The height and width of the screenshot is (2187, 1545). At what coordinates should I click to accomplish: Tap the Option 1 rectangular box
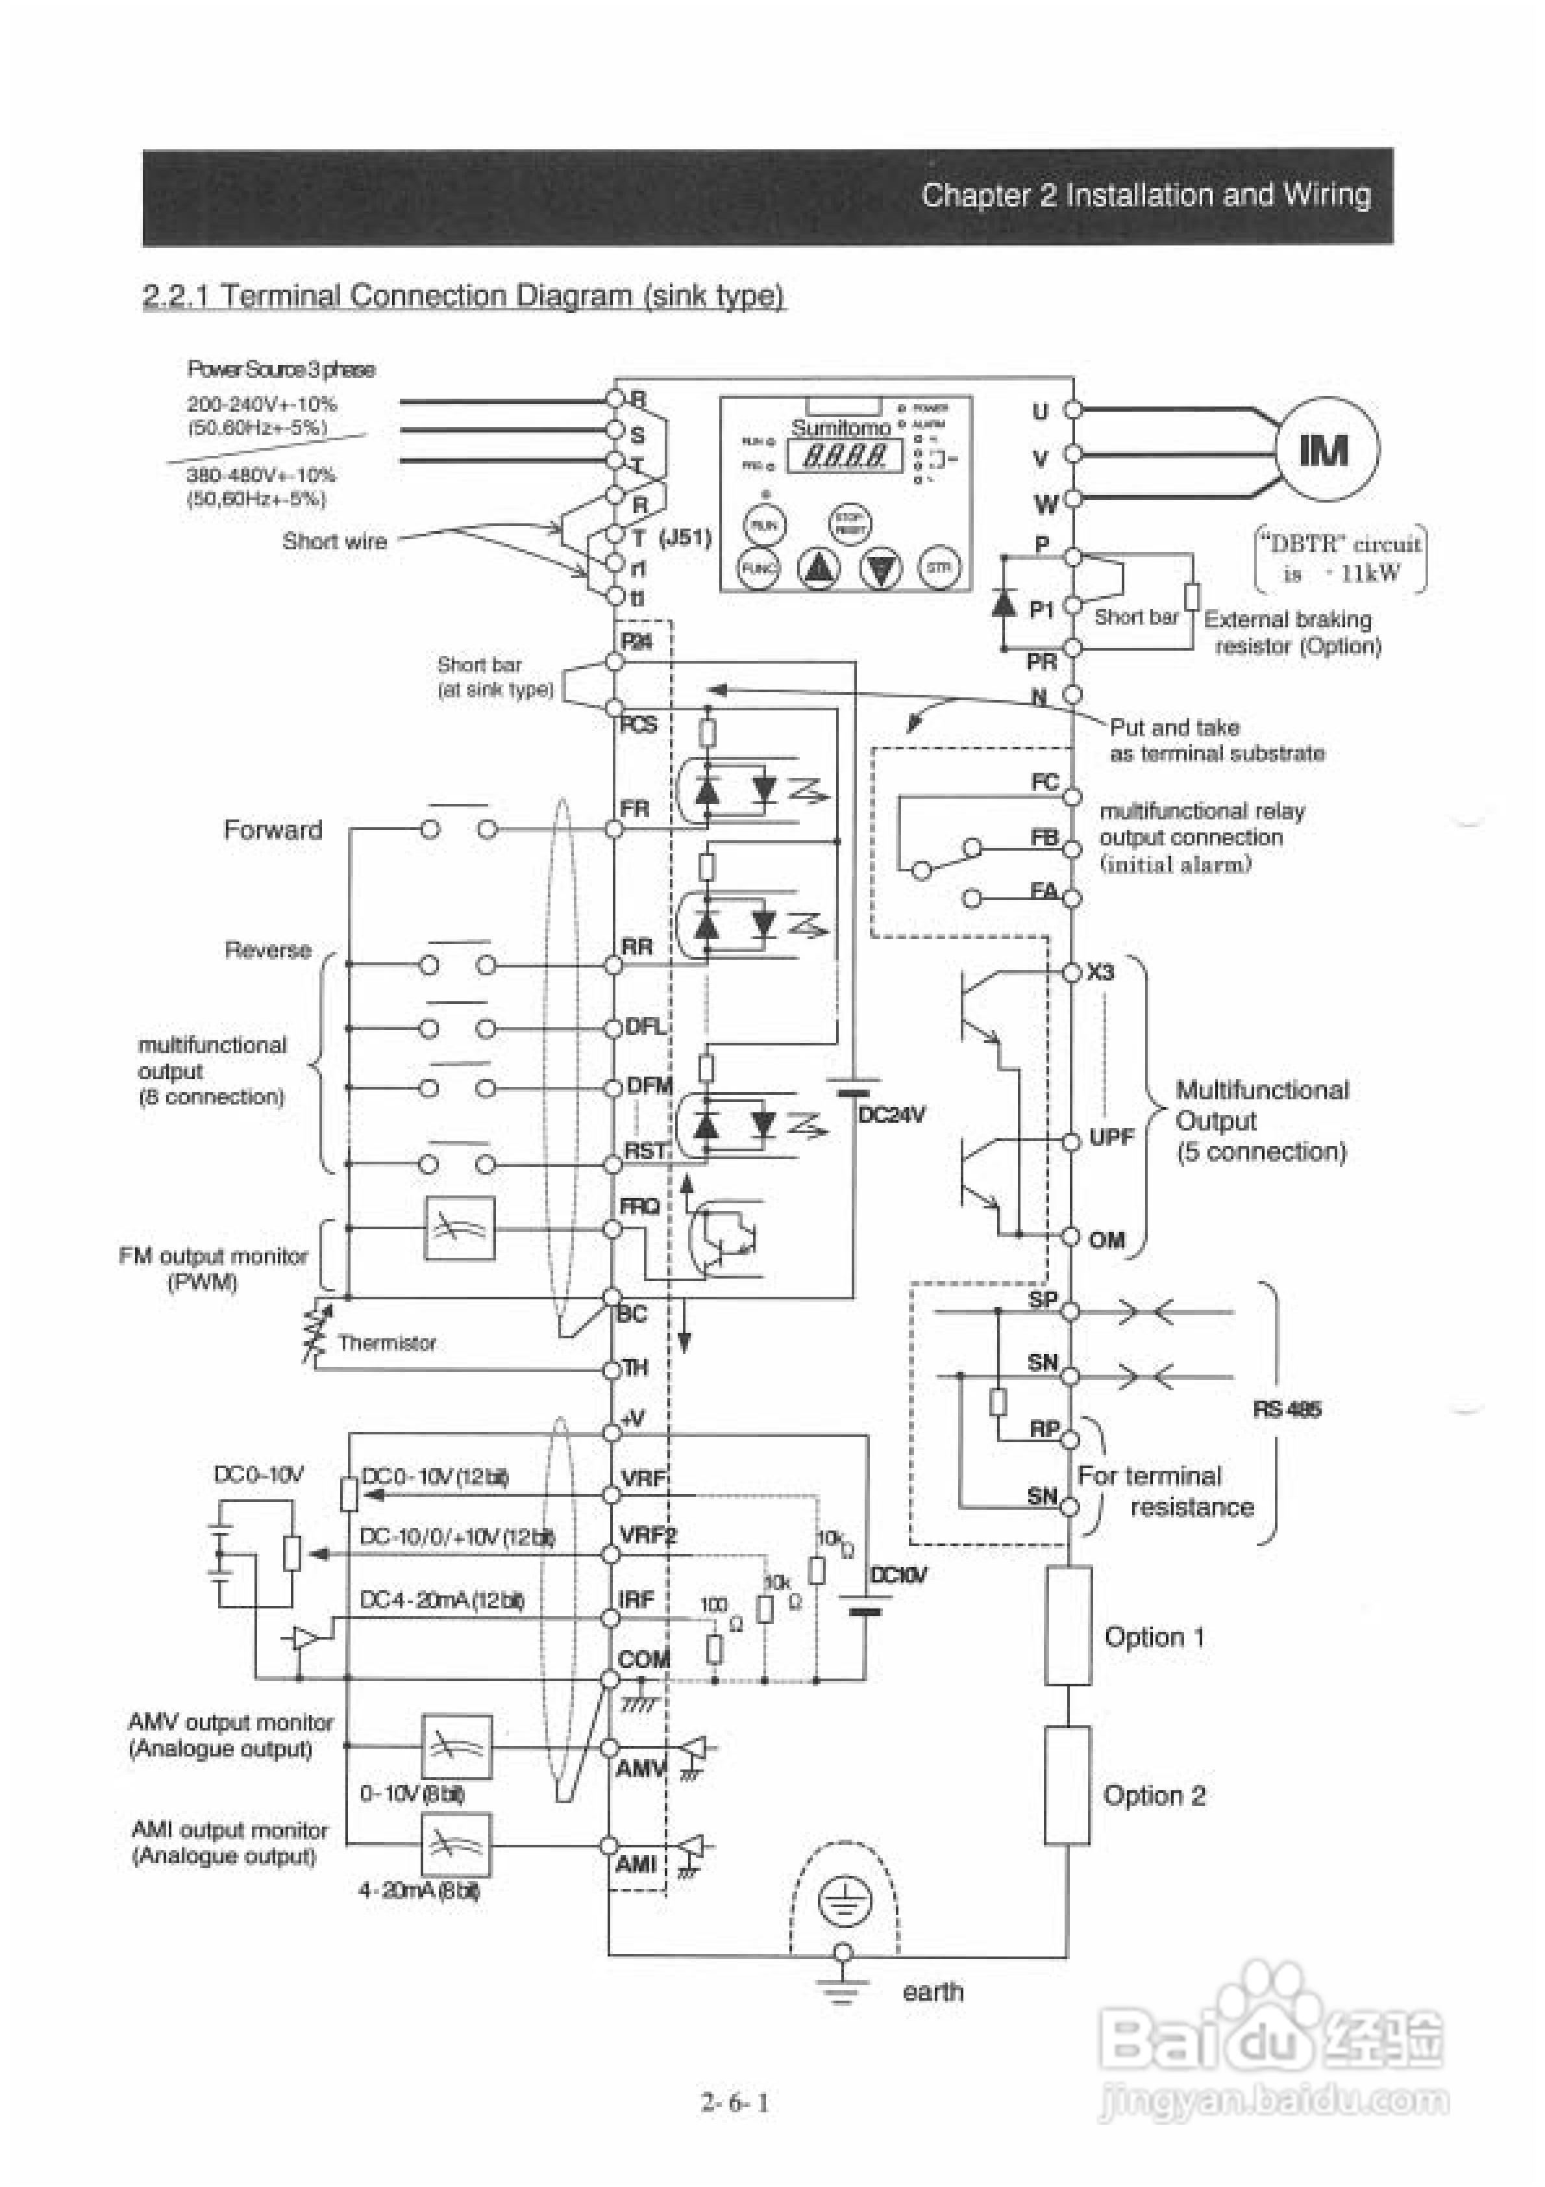tap(1068, 1636)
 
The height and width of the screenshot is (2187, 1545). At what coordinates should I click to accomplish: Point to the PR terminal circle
tap(1072, 647)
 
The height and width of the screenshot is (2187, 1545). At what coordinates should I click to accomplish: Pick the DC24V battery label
tap(891, 1114)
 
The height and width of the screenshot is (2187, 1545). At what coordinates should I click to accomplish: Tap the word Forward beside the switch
tap(273, 830)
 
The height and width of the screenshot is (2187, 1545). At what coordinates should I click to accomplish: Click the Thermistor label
tap(387, 1342)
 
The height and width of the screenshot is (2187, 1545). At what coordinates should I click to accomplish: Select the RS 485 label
tap(1287, 1409)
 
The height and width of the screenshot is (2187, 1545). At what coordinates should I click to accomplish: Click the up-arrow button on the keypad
tap(818, 569)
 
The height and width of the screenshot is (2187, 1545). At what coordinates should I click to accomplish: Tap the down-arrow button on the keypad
tap(881, 569)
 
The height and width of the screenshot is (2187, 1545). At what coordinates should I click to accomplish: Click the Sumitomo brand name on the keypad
tap(840, 428)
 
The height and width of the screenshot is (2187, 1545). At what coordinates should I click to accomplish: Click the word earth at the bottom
tap(933, 1992)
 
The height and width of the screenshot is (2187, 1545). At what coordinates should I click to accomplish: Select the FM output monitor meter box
tap(459, 1228)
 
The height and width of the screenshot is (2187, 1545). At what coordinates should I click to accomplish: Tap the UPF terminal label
tap(1111, 1137)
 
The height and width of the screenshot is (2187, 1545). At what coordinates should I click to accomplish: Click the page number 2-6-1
tap(735, 2101)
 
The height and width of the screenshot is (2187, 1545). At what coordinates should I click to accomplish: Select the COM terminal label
tap(643, 1658)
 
